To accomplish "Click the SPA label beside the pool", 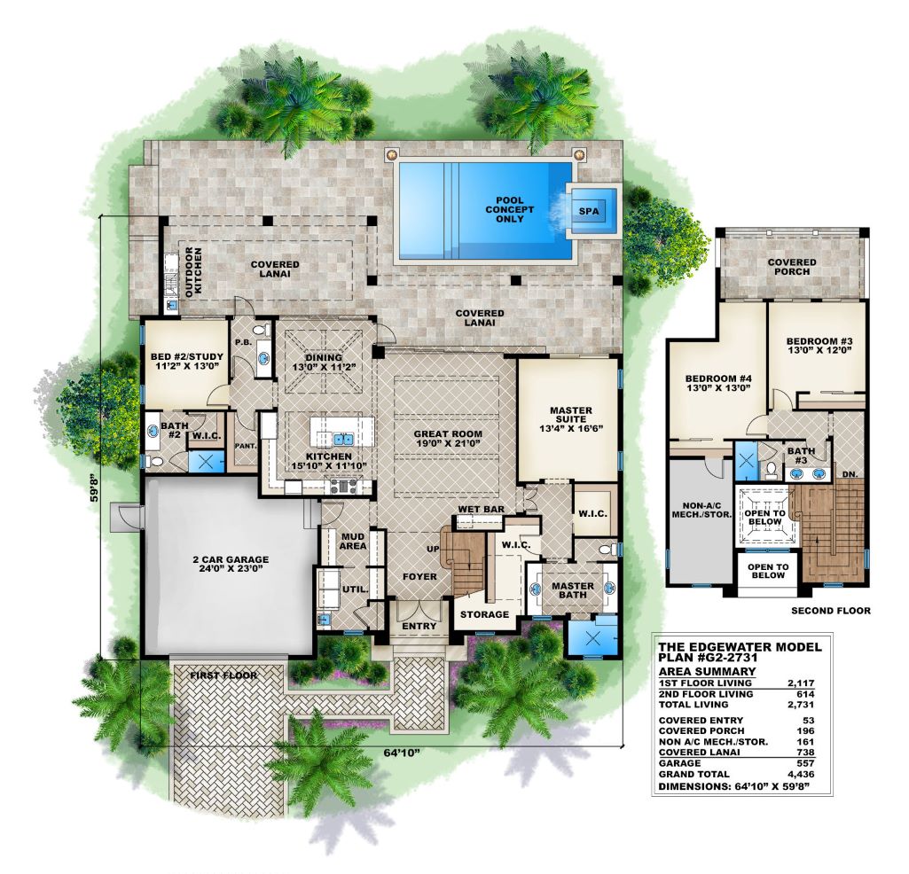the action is coord(589,212).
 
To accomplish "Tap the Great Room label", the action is coord(448,439).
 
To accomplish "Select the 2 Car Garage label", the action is coord(231,564).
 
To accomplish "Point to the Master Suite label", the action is coord(571,419).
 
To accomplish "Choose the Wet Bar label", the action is coord(482,510).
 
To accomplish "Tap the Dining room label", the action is coord(324,363).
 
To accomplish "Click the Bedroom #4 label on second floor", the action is coord(719,383).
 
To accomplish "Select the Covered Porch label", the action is coord(792,267).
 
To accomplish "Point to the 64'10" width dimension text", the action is coord(402,753).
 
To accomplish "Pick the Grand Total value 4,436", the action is coord(802,774).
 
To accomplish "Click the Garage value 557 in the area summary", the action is coord(805,762).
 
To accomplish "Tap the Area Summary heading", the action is coord(708,671).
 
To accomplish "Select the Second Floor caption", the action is coord(831,610).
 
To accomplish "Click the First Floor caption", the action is coord(223,675).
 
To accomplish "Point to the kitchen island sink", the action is coord(341,439).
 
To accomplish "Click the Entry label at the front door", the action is coord(419,626).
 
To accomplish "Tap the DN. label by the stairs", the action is coord(850,474).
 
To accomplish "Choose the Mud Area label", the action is coord(352,542).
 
